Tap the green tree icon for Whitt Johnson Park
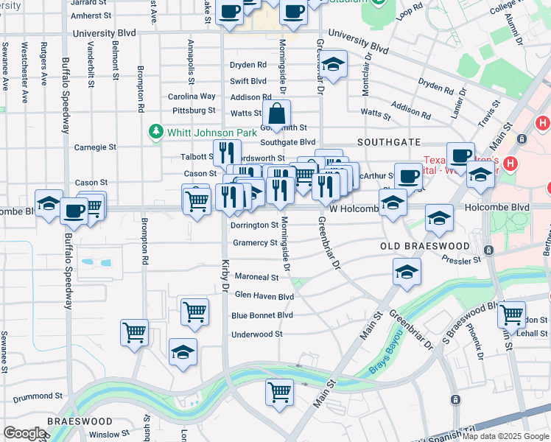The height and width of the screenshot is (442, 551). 155,133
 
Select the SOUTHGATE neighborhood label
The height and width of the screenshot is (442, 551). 389,141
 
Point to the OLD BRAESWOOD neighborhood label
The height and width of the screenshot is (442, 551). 424,245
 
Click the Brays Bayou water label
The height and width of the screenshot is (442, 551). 385,359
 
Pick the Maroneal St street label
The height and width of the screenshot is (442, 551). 256,278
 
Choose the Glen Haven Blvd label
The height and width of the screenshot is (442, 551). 264,296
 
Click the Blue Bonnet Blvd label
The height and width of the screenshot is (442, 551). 262,315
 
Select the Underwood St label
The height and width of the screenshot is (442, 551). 257,334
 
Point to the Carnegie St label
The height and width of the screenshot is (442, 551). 95,147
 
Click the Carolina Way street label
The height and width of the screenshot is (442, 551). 192,97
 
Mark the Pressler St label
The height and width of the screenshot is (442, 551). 461,259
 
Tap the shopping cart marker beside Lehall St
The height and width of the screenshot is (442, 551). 511,315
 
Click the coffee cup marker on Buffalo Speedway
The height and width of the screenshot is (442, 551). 74,211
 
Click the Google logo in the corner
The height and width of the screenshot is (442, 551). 24,433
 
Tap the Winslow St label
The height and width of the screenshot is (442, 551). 109,435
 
